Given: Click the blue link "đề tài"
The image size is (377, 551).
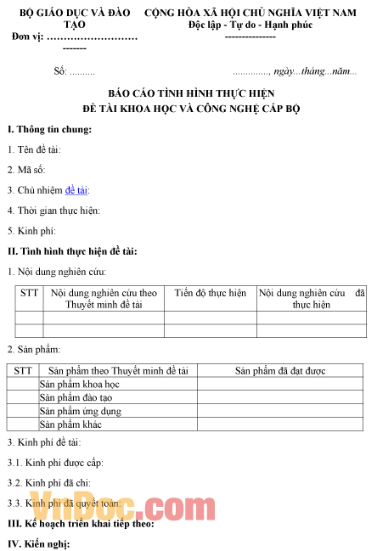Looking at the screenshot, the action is [76, 190].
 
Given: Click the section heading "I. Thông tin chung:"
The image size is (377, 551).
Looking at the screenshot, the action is [49, 129].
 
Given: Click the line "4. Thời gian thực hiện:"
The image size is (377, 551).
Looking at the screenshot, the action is [53, 210].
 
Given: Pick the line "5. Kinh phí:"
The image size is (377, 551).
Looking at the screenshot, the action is [31, 230].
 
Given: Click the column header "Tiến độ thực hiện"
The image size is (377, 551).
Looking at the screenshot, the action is [211, 293].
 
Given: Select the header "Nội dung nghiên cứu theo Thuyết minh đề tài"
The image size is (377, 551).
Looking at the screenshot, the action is [104, 298].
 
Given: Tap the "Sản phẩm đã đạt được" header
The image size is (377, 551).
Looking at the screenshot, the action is [280, 370].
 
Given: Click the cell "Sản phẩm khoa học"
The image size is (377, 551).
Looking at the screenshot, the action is [80, 385].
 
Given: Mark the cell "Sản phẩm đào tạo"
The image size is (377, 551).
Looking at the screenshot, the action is [76, 397].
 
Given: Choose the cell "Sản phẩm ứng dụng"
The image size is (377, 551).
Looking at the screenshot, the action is [80, 411].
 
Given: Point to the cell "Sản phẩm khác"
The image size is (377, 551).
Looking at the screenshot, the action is [71, 424].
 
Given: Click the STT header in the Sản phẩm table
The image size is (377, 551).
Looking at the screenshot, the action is [23, 370].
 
